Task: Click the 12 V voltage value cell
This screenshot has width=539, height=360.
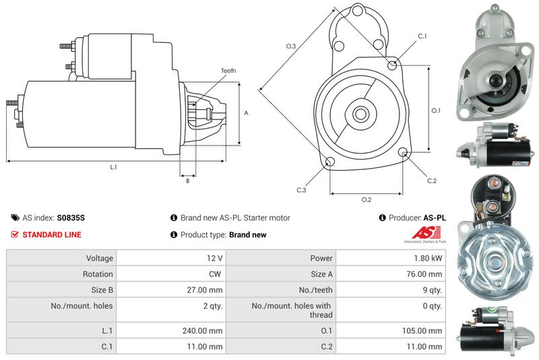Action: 171,258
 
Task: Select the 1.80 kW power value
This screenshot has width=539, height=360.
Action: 428,258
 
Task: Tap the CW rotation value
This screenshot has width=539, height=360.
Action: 215,274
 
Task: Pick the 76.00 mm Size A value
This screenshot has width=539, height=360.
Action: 424,274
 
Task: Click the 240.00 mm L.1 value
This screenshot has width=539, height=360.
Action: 202,331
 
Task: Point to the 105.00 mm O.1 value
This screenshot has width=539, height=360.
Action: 422,331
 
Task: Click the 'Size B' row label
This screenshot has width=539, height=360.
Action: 102,290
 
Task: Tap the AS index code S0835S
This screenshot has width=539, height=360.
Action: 71,218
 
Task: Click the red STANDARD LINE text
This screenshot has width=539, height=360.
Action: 52,235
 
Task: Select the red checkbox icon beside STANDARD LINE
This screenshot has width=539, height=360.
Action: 15,235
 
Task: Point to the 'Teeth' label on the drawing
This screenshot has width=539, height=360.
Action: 228,71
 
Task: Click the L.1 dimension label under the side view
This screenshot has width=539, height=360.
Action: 113,167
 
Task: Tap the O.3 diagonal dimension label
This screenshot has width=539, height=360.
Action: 291,46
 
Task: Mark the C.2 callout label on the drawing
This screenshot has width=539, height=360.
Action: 432,181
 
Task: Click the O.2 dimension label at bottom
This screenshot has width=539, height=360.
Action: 367,200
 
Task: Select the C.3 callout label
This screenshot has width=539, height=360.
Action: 301,190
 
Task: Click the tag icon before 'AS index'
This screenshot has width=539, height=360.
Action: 15,218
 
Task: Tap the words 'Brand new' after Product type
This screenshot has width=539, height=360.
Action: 247,235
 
